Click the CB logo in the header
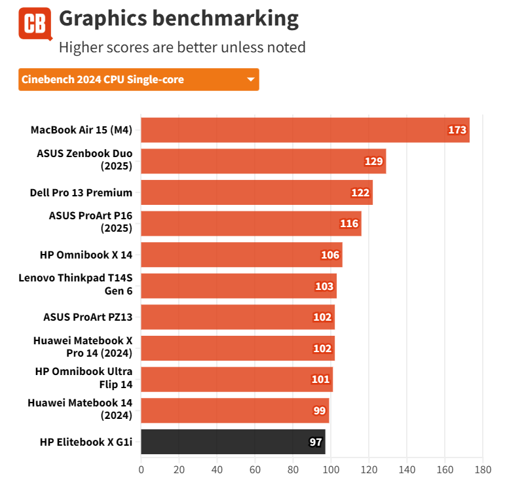click(x=35, y=24)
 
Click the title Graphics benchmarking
click(x=179, y=18)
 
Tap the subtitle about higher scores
click(x=182, y=47)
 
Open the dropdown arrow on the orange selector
click(x=250, y=80)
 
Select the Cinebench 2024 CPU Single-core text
click(x=103, y=80)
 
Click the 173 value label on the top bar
click(x=457, y=130)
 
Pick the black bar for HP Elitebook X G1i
click(x=233, y=442)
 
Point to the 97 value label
click(x=316, y=442)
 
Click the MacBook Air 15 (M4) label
click(x=81, y=130)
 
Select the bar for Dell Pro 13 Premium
click(x=256, y=192)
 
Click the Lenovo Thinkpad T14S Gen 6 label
click(x=75, y=286)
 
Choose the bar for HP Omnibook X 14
click(x=241, y=255)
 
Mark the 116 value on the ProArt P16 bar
click(x=349, y=224)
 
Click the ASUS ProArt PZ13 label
click(x=88, y=317)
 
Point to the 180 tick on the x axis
click(x=483, y=469)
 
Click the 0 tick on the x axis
click(x=141, y=469)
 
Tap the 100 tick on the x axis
click(x=331, y=469)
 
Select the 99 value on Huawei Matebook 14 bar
click(x=320, y=411)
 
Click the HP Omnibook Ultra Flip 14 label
click(x=83, y=379)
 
